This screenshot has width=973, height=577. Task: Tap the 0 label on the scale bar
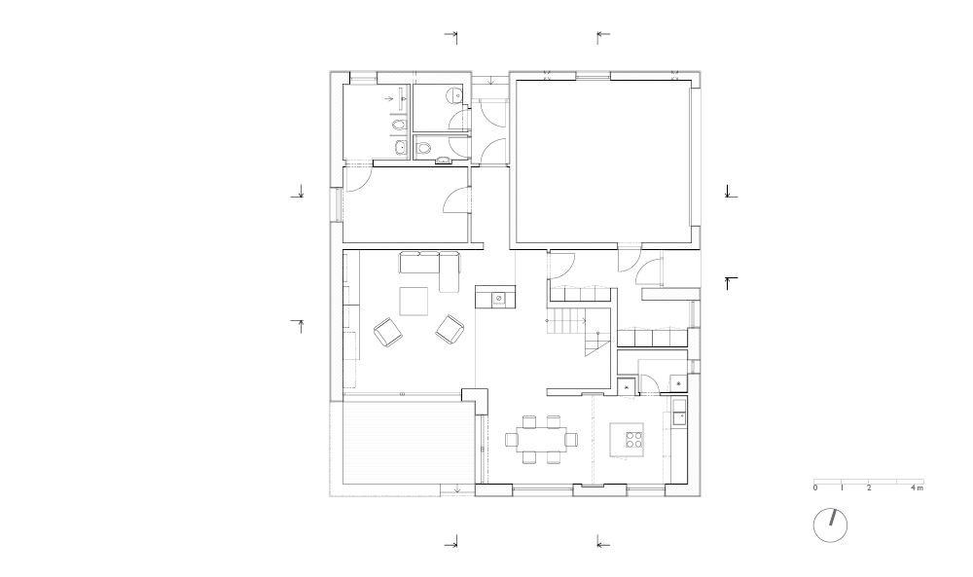coord(815,487)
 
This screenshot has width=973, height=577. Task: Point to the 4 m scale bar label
coord(918,487)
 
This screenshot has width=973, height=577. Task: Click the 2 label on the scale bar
coord(869,487)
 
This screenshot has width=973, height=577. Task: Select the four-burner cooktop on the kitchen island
coord(633,439)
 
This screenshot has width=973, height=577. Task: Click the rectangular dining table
coord(541,440)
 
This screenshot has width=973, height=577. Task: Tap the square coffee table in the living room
coord(414,301)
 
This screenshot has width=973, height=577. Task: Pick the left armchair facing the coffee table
coord(388,332)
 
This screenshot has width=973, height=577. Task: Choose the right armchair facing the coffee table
coord(450,330)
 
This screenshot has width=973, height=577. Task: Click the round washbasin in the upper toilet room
coord(456,95)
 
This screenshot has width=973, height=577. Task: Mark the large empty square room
coord(604,162)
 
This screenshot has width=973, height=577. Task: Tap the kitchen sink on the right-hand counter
coord(678,413)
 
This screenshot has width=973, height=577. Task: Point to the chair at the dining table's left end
coord(511,440)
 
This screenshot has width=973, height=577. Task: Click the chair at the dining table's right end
coord(571,440)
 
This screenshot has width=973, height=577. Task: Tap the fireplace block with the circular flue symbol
coord(495,297)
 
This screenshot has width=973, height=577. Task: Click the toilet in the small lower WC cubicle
coord(423,149)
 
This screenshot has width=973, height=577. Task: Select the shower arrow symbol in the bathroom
coord(389,98)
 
